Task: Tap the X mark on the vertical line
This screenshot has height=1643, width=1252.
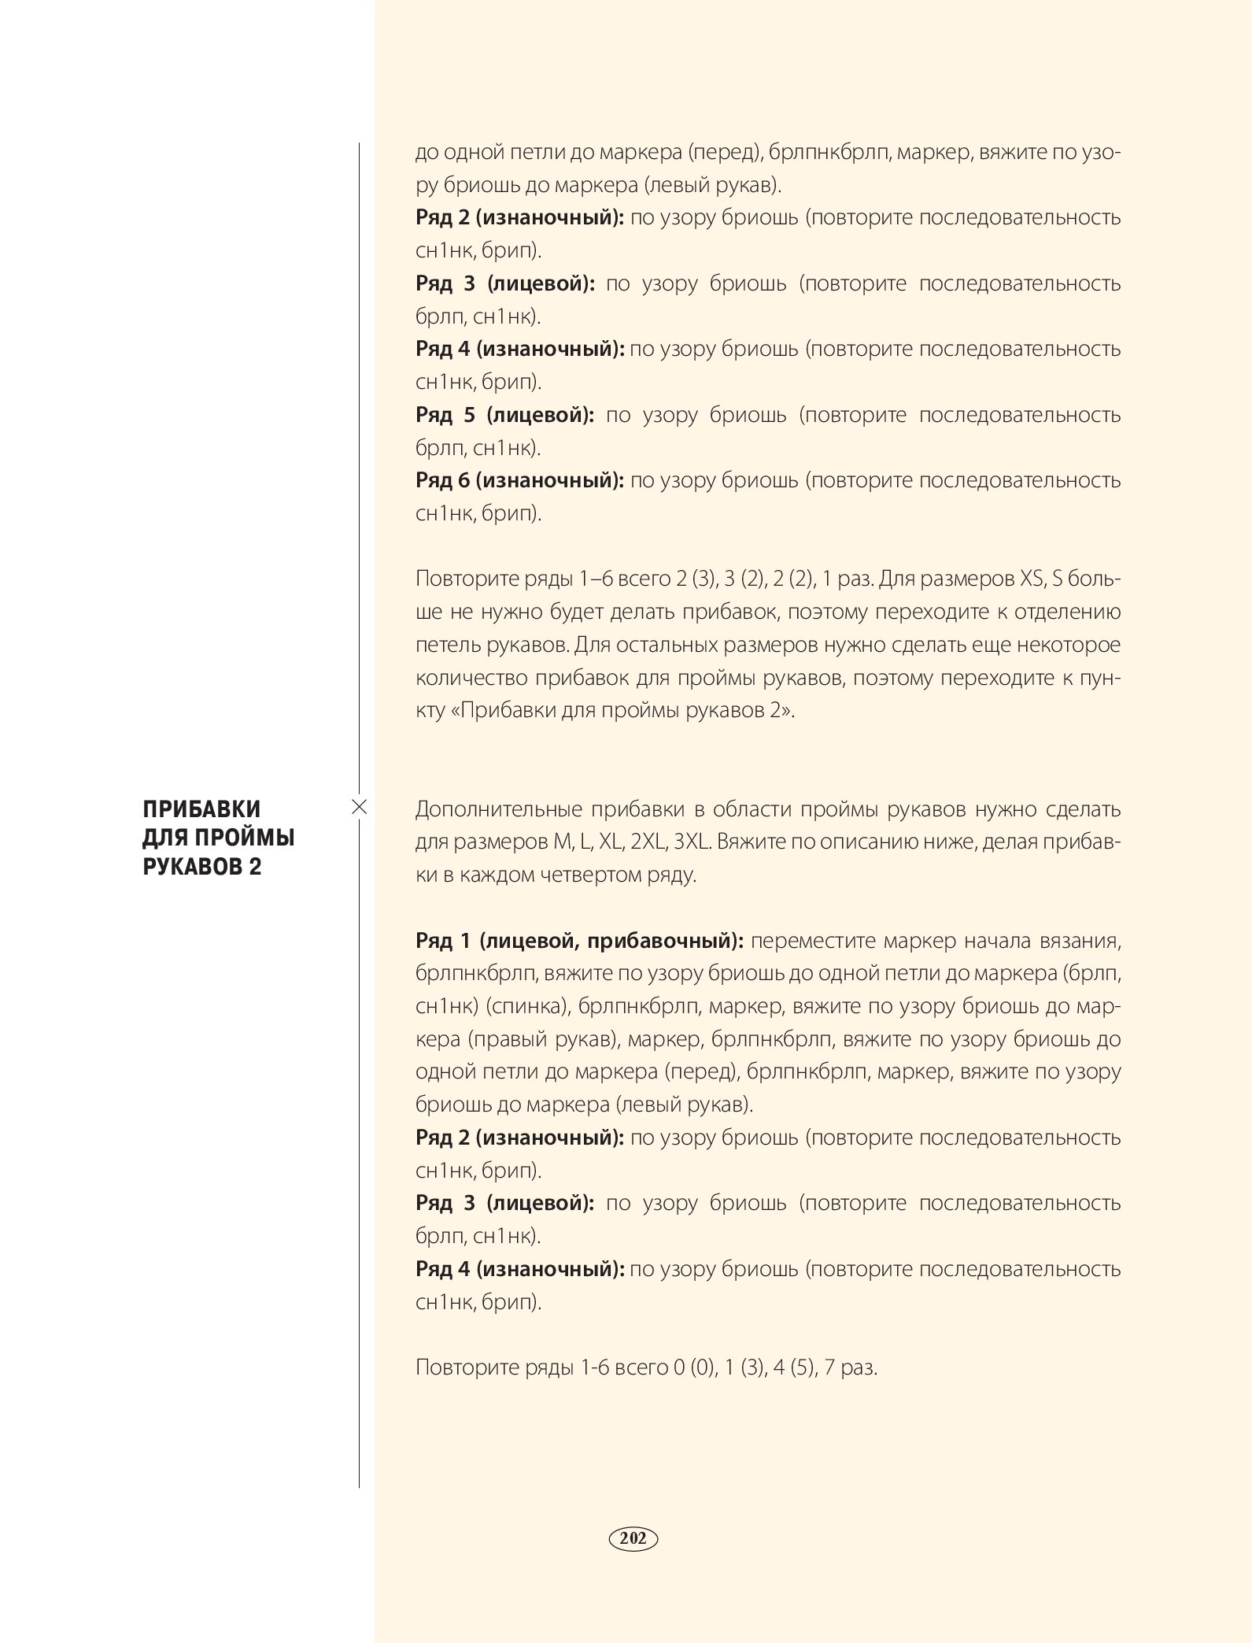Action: coord(359,806)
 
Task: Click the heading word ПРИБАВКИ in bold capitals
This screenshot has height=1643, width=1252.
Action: coord(201,809)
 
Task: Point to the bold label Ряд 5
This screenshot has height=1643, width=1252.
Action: coord(445,415)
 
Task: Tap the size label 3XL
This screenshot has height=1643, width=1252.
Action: coord(692,842)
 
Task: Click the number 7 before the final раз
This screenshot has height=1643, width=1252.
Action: coord(829,1367)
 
